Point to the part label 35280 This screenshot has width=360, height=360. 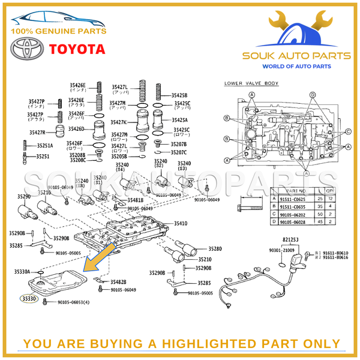point(215,248)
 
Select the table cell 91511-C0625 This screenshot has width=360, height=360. point(293,198)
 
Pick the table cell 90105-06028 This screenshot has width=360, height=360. point(293,221)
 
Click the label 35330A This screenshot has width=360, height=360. point(22,272)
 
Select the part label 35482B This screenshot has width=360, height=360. point(118,281)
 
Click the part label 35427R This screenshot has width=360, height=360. point(37,133)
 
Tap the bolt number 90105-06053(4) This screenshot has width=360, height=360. point(73,302)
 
